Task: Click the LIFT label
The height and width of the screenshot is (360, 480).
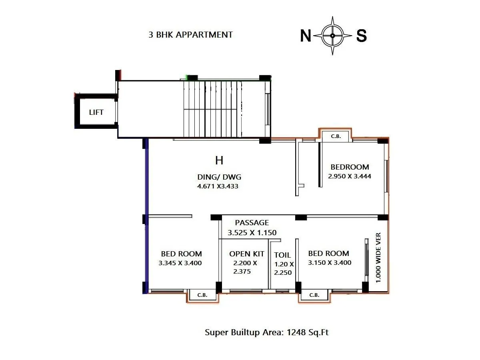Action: (96, 112)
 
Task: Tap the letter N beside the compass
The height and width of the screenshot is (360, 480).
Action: (306, 36)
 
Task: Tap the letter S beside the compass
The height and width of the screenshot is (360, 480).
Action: (361, 36)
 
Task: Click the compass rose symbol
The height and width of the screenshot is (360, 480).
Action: (333, 36)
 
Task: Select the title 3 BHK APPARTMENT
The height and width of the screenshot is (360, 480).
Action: (190, 35)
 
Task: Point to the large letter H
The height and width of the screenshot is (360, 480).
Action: (219, 161)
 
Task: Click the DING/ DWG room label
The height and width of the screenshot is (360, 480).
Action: (219, 177)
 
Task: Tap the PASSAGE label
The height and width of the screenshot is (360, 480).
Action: (252, 223)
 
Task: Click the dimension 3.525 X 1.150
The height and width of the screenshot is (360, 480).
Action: (252, 232)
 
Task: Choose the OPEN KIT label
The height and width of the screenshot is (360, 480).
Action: (247, 254)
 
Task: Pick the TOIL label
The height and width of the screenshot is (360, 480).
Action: (282, 255)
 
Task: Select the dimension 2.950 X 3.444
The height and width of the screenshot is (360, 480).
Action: (350, 176)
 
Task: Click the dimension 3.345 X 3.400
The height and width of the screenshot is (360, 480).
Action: (180, 263)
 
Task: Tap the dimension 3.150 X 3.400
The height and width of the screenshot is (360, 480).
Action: (330, 263)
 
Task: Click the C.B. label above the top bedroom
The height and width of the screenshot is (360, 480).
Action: (336, 136)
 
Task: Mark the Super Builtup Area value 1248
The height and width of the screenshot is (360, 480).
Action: (296, 332)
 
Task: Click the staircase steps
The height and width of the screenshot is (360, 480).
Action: (212, 109)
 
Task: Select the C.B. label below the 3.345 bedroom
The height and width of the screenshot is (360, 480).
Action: (202, 295)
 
